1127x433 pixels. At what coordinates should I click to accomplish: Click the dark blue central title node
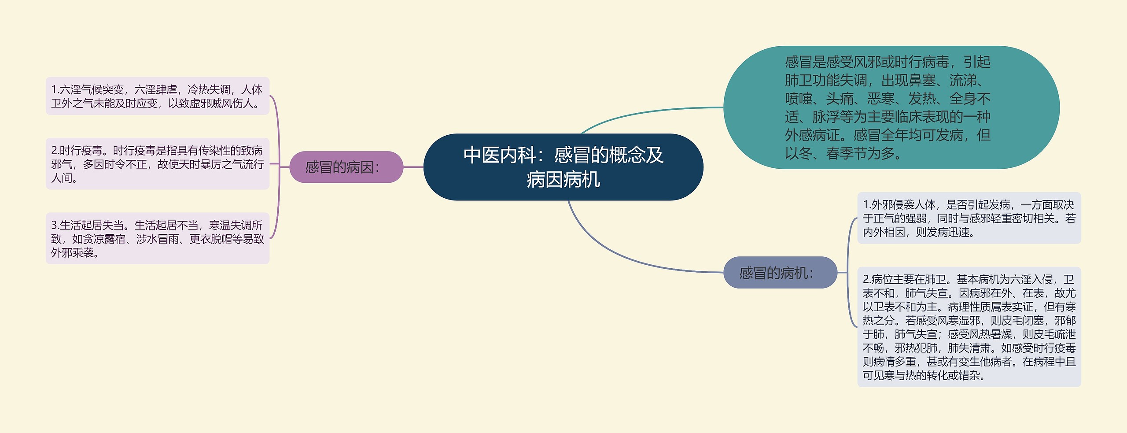click(563, 167)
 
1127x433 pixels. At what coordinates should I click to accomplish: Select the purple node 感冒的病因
click(346, 167)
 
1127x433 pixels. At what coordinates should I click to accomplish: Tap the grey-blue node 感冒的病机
click(780, 273)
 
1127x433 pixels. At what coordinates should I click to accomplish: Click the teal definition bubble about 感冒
click(891, 107)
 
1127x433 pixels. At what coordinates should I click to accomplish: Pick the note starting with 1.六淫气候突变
click(157, 96)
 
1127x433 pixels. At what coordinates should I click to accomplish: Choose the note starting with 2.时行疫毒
click(157, 164)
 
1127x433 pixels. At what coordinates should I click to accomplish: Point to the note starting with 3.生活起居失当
click(157, 238)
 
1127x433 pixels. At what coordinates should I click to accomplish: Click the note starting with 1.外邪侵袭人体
click(969, 218)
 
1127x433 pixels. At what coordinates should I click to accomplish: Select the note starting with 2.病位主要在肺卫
click(969, 327)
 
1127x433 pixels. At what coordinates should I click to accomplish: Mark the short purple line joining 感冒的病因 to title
click(413, 167)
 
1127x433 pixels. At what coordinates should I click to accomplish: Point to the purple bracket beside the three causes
click(279, 167)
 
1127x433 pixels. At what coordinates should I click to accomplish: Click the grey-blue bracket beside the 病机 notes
click(848, 273)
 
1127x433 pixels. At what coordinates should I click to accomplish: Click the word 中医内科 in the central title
click(500, 155)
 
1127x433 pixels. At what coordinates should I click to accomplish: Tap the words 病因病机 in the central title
click(563, 180)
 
